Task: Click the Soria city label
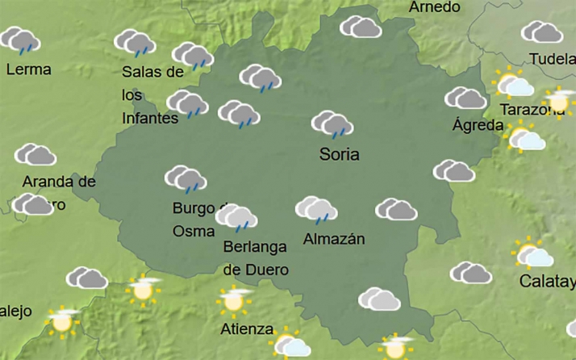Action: click(339, 154)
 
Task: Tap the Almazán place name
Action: click(334, 239)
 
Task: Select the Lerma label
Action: click(28, 69)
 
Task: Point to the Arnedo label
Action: click(435, 7)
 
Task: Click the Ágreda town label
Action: click(478, 125)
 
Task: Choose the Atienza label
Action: click(248, 329)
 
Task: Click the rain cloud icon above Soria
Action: click(332, 124)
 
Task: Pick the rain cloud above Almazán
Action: click(316, 209)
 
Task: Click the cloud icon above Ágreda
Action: click(465, 98)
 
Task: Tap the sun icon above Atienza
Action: click(234, 300)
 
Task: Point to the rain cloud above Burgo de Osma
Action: click(186, 179)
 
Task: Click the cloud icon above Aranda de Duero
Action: click(35, 154)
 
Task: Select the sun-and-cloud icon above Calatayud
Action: click(533, 255)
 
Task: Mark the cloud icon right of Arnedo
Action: click(361, 27)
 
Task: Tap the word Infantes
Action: click(150, 118)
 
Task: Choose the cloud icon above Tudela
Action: click(542, 32)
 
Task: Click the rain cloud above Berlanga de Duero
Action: click(236, 216)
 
